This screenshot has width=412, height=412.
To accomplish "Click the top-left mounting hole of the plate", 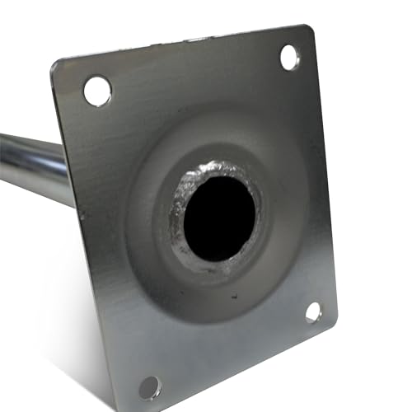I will [x=97, y=91].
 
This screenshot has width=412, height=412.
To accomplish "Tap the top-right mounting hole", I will [x=289, y=57].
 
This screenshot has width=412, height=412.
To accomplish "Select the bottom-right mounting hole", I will [x=313, y=311].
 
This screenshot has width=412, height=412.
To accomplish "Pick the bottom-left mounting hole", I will [x=149, y=386].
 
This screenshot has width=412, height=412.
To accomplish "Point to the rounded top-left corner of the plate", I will [x=56, y=66].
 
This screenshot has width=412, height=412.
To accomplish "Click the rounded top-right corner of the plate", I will [x=307, y=30].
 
